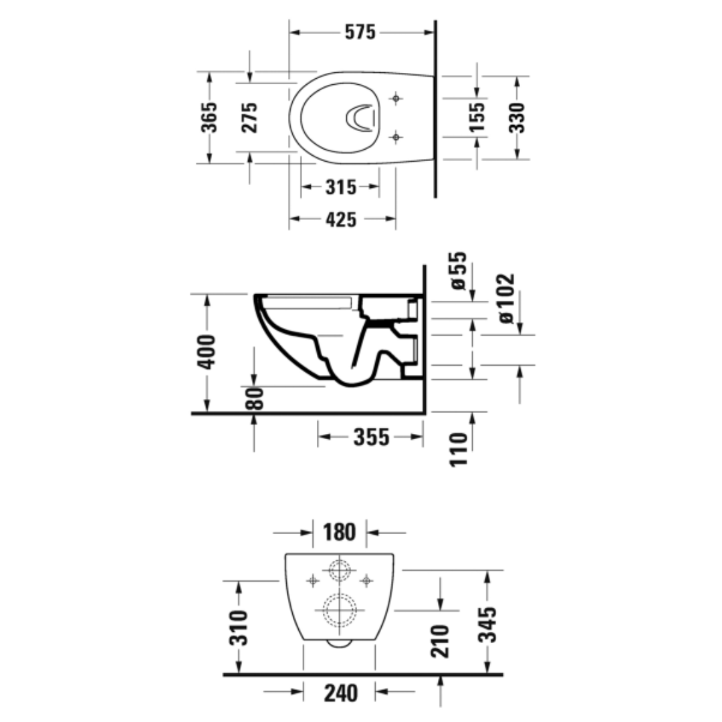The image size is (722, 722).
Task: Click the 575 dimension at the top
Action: click(x=361, y=32)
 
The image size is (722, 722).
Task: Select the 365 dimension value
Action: click(x=210, y=118)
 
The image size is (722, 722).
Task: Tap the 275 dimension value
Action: click(x=249, y=118)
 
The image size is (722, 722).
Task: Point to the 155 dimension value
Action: click(x=477, y=118)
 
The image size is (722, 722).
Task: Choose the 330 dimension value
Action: click(x=517, y=118)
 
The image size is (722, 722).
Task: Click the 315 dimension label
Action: click(x=341, y=188)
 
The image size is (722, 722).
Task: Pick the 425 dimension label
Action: click(x=341, y=219)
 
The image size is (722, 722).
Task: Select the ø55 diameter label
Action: click(x=458, y=271)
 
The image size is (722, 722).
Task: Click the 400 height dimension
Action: click(x=207, y=352)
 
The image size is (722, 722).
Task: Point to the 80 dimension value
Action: click(x=255, y=398)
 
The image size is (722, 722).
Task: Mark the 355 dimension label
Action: click(x=370, y=438)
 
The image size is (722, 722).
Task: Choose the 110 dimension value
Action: click(x=458, y=449)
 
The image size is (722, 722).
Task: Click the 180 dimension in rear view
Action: click(x=340, y=533)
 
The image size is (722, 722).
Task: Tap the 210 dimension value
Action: click(x=441, y=640)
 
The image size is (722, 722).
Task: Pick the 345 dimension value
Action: click(x=489, y=624)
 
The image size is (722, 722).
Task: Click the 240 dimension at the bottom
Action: click(x=340, y=693)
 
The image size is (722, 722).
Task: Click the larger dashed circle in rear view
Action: click(x=340, y=610)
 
